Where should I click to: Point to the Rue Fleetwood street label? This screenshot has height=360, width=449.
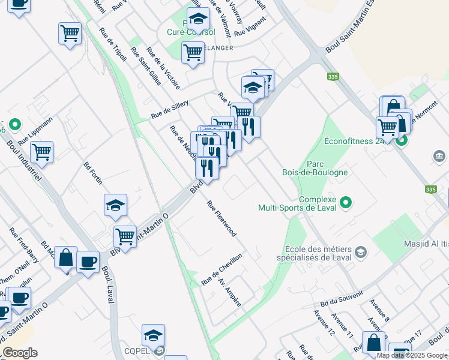pos(221,218)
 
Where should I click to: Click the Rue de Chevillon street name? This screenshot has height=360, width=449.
pos(221,269)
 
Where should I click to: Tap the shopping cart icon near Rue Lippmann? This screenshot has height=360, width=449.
pos(42,152)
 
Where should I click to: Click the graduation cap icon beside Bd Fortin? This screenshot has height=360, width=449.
pos(115,205)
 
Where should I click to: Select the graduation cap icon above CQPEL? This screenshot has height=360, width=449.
pos(153,334)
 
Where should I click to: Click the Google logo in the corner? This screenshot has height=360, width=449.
pos(19,353)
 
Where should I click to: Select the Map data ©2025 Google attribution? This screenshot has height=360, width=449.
pos(412,355)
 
